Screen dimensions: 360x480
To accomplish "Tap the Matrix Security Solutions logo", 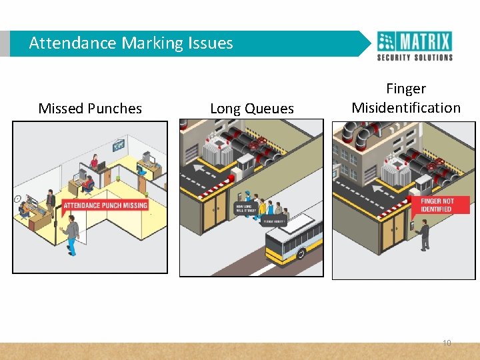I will click(415, 46).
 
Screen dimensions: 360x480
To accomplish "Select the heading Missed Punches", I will click(90, 109).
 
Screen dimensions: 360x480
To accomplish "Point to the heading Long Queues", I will click(251, 109).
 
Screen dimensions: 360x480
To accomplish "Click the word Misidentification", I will click(406, 108).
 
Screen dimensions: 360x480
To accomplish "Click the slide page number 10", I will click(447, 343).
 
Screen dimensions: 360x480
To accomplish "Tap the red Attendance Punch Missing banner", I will click(105, 205).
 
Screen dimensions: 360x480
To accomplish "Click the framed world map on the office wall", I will click(119, 144).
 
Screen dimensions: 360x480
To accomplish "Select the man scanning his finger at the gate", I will click(424, 235).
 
